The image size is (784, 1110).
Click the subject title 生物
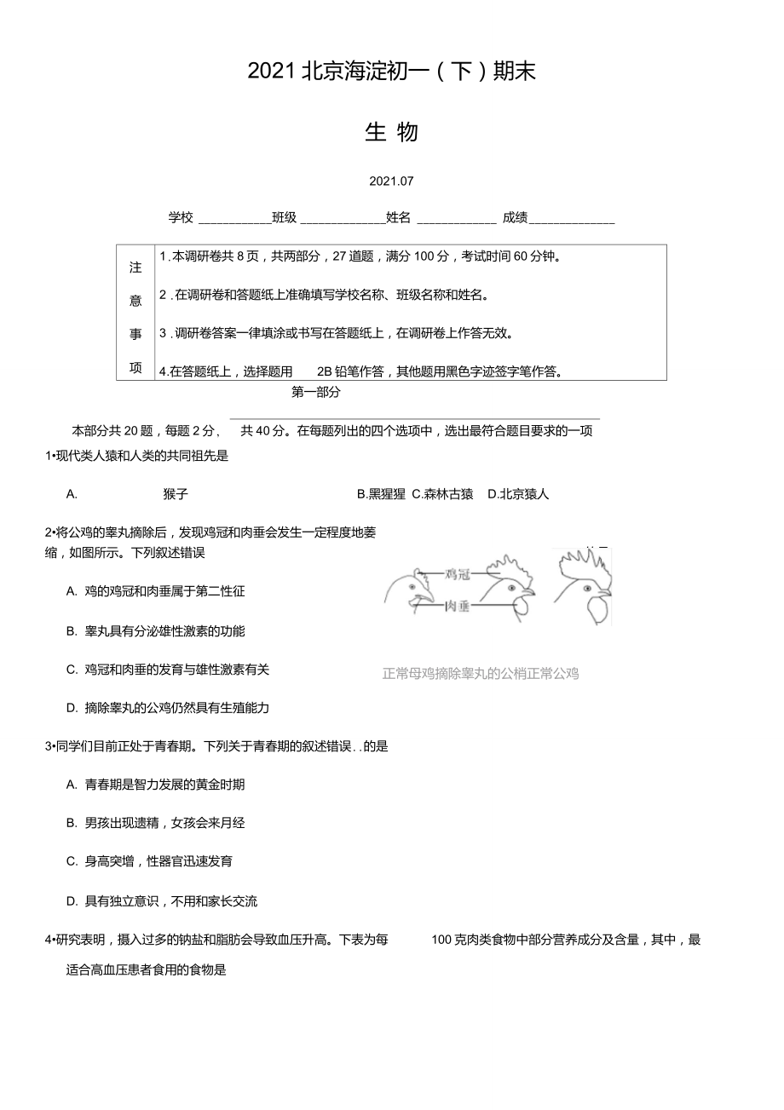tap(391, 132)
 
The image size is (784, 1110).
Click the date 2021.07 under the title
tap(391, 181)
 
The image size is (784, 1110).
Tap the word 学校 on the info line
tap(181, 217)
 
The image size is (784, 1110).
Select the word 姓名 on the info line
tap(398, 217)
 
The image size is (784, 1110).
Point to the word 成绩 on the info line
tap(515, 217)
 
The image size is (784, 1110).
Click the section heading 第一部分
tap(315, 392)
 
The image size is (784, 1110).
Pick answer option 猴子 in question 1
tap(176, 494)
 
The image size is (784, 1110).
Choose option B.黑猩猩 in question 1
tap(381, 494)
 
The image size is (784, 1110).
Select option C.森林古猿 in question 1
tap(442, 494)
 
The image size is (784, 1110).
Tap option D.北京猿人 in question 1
tap(518, 494)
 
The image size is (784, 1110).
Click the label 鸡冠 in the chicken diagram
tap(458, 575)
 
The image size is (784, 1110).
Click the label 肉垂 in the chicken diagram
tap(458, 607)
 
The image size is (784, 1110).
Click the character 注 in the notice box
tap(135, 267)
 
